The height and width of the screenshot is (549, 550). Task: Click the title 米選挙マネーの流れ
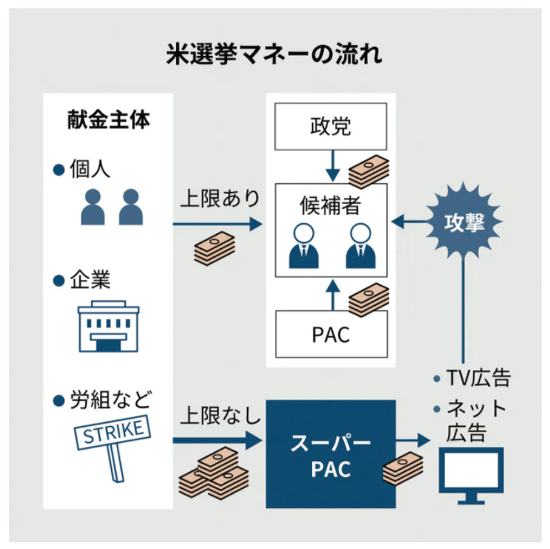pos(275,56)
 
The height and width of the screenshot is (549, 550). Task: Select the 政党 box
pos(331,126)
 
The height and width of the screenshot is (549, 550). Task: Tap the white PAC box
pos(331,335)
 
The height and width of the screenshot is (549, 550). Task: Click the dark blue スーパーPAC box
pos(331,455)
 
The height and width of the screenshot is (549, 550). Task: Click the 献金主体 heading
pos(108,119)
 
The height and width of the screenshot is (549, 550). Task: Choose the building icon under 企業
pos(108,327)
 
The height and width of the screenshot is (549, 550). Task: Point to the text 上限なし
pos(219,414)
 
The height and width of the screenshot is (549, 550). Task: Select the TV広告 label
pos(477,379)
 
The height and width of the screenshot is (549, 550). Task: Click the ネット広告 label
pos(477,420)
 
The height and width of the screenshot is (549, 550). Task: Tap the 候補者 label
pos(331,203)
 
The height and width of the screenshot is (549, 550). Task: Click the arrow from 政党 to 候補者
pos(331,165)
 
